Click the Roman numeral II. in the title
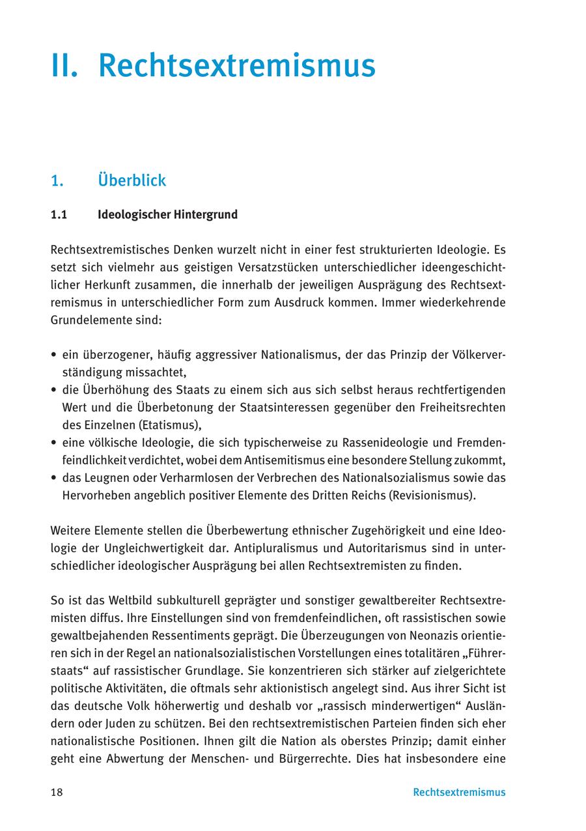64,66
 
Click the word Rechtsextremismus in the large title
236,66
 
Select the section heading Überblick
132,180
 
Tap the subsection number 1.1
59,214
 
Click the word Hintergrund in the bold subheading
204,214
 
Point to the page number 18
57,793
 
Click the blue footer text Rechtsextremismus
458,793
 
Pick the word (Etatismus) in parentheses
168,425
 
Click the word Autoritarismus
397,548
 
